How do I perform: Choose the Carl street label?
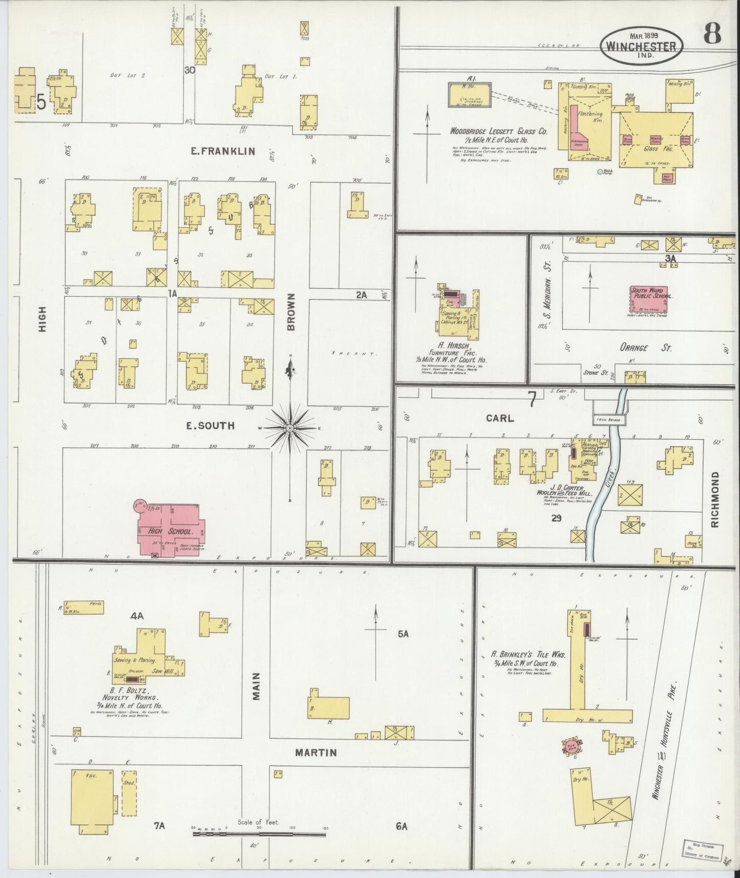(x=499, y=419)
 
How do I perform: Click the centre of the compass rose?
(x=290, y=427)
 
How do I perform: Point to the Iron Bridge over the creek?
(x=609, y=420)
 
